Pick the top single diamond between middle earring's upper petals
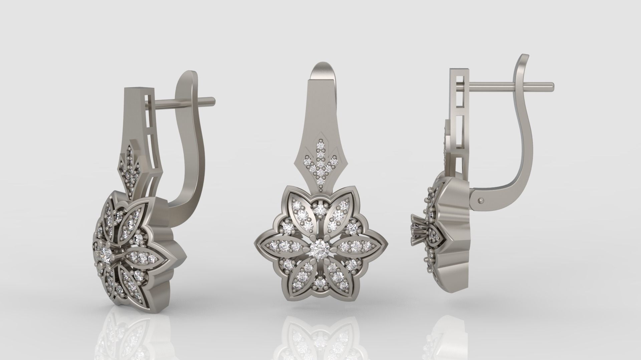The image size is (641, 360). coord(320,209)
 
